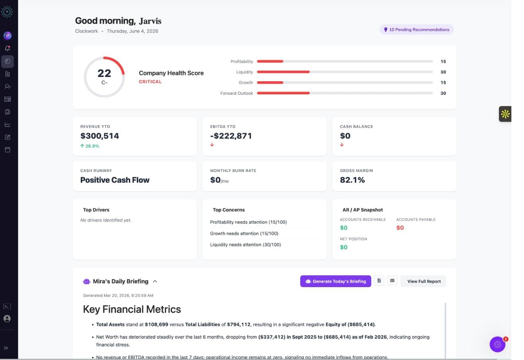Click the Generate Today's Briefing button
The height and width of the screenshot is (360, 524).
click(x=335, y=281)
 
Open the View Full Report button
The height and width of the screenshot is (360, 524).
click(x=424, y=281)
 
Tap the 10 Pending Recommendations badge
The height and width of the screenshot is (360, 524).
click(x=416, y=30)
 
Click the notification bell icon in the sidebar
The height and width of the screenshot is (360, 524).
click(x=8, y=48)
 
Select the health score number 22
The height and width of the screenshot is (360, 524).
click(x=104, y=73)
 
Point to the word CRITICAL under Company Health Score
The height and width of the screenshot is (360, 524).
click(x=150, y=82)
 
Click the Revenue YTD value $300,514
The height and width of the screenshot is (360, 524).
click(x=100, y=136)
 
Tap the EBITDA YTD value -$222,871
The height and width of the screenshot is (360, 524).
click(x=231, y=136)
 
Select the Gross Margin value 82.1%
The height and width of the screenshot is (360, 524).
click(x=352, y=180)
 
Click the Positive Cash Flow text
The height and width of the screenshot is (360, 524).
click(x=115, y=180)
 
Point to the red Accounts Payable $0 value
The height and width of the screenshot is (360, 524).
click(x=400, y=228)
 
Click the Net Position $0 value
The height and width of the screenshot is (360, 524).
click(x=344, y=247)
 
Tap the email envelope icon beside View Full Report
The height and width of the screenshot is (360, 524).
click(x=392, y=281)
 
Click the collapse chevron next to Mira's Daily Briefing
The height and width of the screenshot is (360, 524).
click(x=155, y=282)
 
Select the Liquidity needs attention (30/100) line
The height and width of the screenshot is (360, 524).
click(x=245, y=245)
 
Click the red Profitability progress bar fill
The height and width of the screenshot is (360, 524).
click(x=270, y=61)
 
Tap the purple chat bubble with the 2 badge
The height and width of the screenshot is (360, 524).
click(x=497, y=344)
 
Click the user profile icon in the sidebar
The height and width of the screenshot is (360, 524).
click(x=7, y=319)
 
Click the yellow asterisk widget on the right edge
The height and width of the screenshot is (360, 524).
click(x=505, y=114)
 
